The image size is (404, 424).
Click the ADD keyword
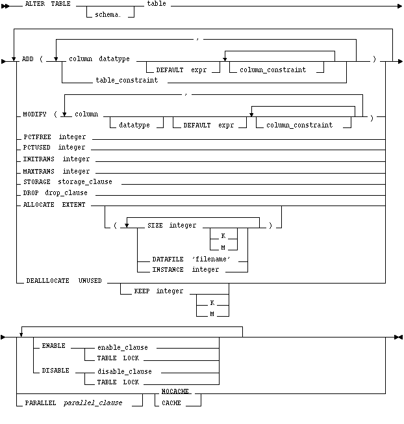tap(27, 59)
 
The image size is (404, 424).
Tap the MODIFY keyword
tap(35, 114)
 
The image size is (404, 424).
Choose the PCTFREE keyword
tap(36, 137)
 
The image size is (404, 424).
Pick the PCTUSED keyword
tap(36, 148)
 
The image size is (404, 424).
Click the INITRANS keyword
tap(39, 159)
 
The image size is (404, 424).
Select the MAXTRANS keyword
tap(39, 170)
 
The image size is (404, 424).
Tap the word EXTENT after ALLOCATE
tap(74, 204)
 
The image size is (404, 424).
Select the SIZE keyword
tap(151, 225)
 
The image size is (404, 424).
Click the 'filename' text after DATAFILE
tap(211, 259)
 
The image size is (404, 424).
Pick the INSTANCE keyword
tap(168, 269)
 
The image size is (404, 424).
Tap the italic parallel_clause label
tap(92, 403)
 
